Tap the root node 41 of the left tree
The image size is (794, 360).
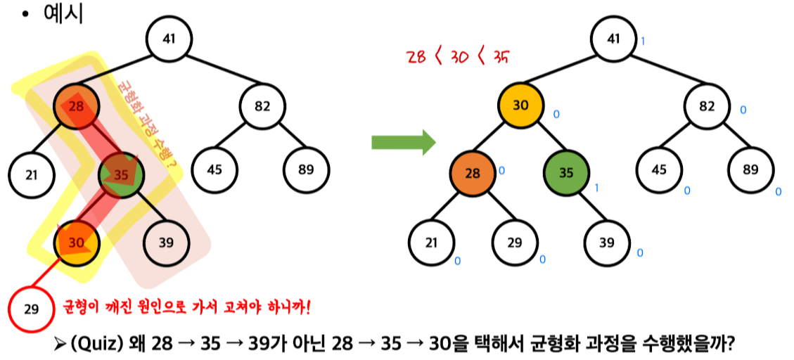tap(169, 38)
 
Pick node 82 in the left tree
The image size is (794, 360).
tap(262, 107)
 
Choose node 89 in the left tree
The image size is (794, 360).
tap(307, 170)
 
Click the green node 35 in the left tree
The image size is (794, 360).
tap(121, 174)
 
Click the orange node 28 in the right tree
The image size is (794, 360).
tap(473, 173)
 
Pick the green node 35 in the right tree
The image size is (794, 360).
tap(566, 173)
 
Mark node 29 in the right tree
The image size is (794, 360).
tap(516, 243)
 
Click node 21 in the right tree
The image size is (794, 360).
tap(431, 243)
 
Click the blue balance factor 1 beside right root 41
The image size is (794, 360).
tap(643, 41)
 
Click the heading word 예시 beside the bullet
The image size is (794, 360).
tap(63, 14)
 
